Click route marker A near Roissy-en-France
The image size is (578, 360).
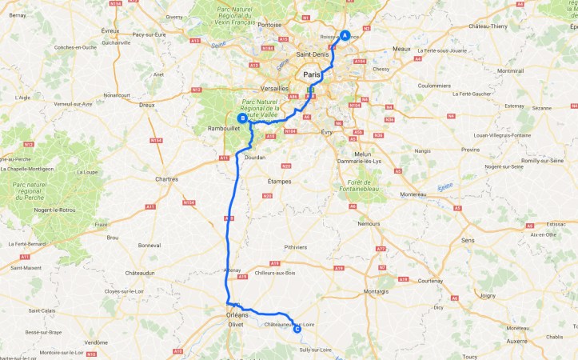(345, 35)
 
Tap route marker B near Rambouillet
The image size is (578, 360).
(241, 117)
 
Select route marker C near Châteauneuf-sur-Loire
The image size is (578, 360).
(297, 328)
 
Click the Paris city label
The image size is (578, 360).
(311, 74)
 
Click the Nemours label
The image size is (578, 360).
(369, 224)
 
